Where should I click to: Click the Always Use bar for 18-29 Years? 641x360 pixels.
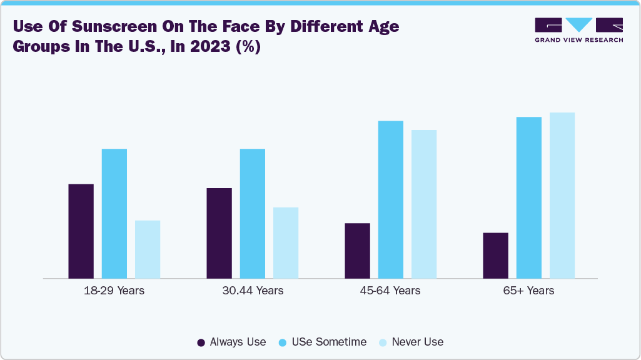81,231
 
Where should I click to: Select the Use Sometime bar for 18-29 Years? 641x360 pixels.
114,213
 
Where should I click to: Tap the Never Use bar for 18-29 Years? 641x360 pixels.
148,249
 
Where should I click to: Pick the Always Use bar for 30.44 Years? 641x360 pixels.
219,232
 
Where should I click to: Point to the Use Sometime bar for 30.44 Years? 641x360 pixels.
253,213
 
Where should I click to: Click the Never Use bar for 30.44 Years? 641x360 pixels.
286,242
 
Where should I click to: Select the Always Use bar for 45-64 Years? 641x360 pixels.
357,250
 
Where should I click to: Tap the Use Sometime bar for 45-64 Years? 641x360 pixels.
391,199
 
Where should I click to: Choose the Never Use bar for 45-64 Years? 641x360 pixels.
424,204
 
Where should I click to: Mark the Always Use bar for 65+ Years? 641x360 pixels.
495,255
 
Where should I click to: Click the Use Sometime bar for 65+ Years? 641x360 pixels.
529,197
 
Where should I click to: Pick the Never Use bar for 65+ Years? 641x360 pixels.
562,195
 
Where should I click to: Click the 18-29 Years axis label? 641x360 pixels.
114,291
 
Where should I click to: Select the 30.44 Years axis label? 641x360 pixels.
253,291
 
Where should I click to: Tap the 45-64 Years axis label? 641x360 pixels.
391,291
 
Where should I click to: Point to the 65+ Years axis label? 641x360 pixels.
529,291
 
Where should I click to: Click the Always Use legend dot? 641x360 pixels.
201,342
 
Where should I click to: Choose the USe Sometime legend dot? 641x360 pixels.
283,342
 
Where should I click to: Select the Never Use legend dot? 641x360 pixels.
383,342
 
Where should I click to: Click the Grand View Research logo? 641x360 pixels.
578,30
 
